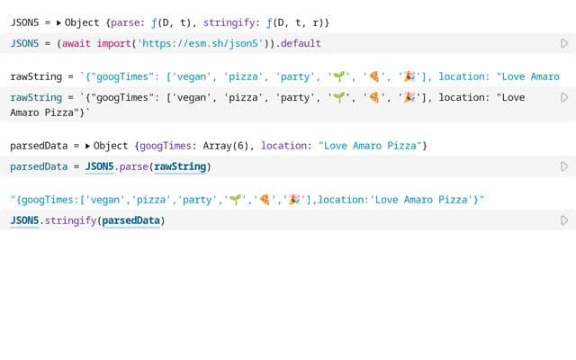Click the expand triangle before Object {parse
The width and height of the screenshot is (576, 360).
[58, 22]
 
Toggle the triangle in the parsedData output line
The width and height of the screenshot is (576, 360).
[87, 146]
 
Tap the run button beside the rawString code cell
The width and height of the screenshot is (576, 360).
[564, 97]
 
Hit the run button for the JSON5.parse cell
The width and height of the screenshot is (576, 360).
[564, 166]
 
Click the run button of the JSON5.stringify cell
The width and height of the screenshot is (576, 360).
[564, 220]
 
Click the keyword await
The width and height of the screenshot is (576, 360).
[76, 43]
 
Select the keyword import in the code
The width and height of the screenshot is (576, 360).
[114, 44]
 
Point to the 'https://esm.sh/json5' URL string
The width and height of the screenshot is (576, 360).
[200, 43]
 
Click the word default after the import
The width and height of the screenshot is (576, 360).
[301, 43]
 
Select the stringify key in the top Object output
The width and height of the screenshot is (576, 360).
[229, 22]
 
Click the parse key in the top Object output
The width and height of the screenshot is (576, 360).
[125, 23]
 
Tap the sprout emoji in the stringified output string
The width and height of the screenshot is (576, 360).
[235, 200]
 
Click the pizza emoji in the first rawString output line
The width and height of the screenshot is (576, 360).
[374, 76]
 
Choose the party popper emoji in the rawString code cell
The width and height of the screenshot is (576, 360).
[409, 97]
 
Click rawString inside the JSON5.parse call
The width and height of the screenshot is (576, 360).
[180, 166]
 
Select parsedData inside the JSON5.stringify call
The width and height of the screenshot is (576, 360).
[131, 220]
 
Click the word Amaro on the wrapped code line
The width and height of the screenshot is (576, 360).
[24, 112]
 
